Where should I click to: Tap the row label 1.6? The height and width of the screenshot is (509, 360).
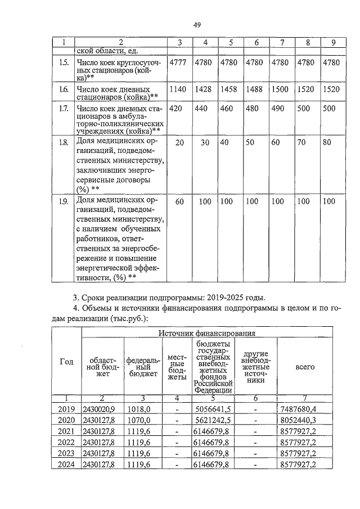tap(64, 89)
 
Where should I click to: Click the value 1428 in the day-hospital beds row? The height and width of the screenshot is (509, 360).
tap(205, 89)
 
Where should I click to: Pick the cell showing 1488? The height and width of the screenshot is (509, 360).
tap(256, 89)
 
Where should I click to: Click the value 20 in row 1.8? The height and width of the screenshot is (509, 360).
tap(179, 143)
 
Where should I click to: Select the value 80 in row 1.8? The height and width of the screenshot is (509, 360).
tap(327, 143)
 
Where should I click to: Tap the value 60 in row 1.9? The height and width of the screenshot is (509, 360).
tap(179, 201)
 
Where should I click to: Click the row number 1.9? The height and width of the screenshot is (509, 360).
tap(64, 201)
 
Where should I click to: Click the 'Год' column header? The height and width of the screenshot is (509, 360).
tap(67, 362)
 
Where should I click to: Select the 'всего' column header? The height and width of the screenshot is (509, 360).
tap(304, 367)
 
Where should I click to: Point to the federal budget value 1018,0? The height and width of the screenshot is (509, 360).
tap(137, 409)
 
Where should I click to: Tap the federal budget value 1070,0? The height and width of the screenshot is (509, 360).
tap(137, 420)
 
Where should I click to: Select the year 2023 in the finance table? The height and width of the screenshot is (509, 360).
tap(67, 453)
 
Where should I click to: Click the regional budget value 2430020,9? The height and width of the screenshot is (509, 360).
tap(98, 409)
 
